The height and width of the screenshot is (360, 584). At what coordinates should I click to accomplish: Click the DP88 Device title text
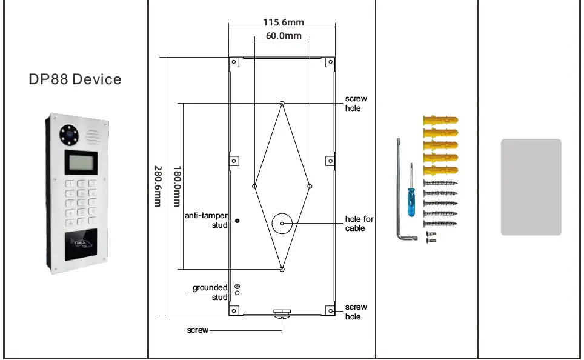click(x=75, y=79)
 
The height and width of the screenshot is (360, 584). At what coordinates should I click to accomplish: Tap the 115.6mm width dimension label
click(x=283, y=22)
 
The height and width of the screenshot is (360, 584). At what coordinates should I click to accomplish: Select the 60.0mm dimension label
click(x=283, y=36)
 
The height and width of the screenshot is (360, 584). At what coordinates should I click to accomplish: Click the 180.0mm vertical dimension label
click(x=178, y=186)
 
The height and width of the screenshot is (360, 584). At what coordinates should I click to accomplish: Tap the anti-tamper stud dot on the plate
click(x=237, y=221)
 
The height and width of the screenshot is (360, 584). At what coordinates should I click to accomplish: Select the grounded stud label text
click(x=210, y=293)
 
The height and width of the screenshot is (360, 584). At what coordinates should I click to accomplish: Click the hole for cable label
click(x=359, y=224)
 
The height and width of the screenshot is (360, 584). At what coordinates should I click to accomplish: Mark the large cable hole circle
click(x=282, y=224)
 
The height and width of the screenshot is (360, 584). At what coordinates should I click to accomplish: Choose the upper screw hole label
click(x=356, y=103)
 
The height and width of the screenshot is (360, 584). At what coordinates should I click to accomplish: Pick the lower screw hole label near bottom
click(x=356, y=312)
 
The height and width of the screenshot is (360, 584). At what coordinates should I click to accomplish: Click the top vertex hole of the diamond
click(x=282, y=103)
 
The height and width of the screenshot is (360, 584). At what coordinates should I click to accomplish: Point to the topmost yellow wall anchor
click(x=440, y=119)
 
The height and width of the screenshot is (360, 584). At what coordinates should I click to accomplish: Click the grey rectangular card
click(x=531, y=187)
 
